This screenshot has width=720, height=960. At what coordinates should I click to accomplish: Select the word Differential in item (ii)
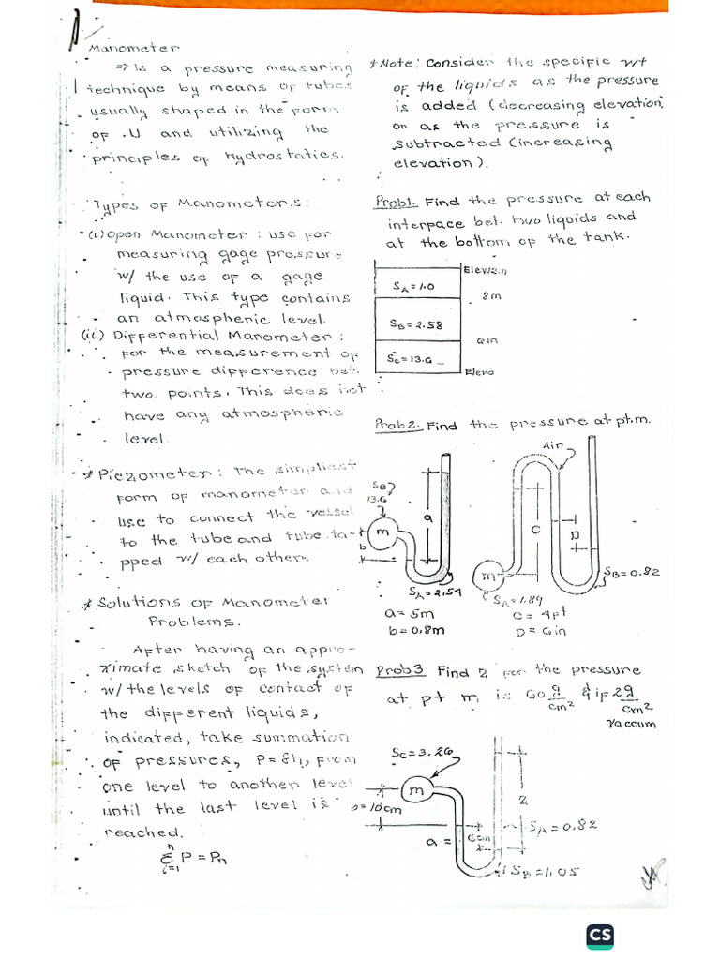(156, 335)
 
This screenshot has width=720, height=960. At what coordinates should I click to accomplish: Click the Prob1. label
(397, 202)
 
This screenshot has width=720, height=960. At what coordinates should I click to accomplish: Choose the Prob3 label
(400, 671)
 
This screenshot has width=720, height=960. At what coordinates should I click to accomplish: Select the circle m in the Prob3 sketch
(416, 792)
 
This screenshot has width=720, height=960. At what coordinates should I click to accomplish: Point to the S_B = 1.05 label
(547, 871)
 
